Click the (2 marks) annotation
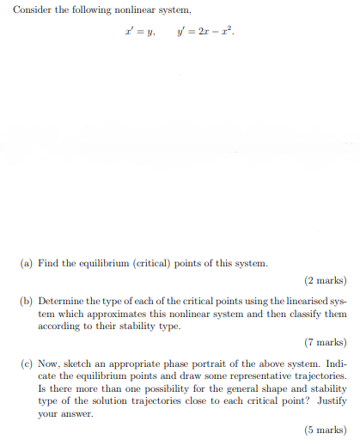(x=326, y=280)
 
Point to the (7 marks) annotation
(x=326, y=341)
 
